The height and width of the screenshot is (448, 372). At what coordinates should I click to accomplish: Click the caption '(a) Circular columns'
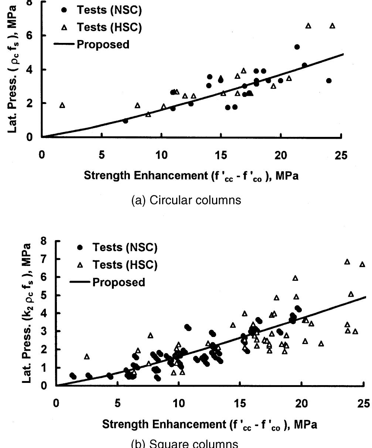[186, 200]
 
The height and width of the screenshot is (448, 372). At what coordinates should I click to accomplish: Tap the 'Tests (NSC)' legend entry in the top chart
[109, 10]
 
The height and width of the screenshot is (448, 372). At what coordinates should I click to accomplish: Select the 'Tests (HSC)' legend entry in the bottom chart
[124, 265]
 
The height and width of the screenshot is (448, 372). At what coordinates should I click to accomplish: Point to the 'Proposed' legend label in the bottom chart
[118, 282]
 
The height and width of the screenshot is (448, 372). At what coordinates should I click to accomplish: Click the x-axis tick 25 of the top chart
[341, 155]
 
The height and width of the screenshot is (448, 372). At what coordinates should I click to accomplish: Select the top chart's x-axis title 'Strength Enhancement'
[191, 176]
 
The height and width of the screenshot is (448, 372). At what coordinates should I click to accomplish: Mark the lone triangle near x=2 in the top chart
[62, 105]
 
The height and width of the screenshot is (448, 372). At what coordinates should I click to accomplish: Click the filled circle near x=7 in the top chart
[126, 121]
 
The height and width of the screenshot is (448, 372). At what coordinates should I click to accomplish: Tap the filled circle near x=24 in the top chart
[329, 81]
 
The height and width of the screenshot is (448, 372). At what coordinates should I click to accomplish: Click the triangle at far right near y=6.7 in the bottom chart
[362, 264]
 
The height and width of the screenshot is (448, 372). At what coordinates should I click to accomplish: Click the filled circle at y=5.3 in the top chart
[297, 47]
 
